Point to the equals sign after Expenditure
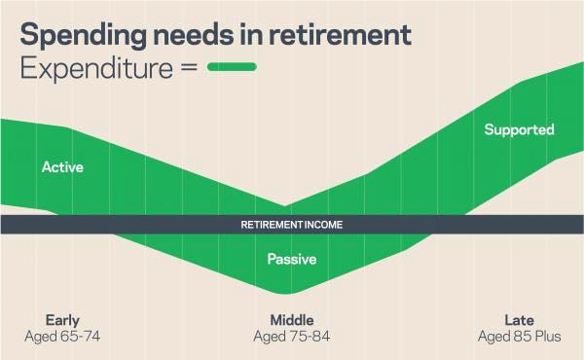pos(188,69)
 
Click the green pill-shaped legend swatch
pos(231,68)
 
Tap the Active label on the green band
pos(62,167)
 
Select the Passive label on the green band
pos(292,259)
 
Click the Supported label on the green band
pos(519,129)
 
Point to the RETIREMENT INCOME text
pos(292,225)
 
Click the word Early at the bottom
pos(62,320)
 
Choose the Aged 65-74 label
pos(62,337)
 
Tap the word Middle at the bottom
pos(292,320)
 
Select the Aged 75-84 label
pos(292,337)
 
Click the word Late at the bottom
pos(519,320)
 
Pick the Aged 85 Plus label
pos(519,337)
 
